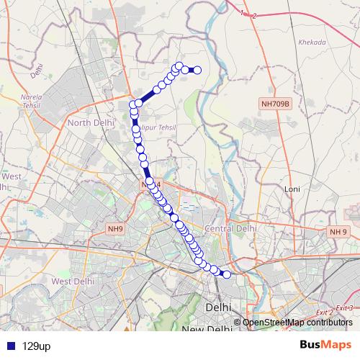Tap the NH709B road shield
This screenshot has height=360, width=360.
275,104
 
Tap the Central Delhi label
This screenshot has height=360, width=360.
230,228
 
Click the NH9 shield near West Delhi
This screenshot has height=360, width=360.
115,229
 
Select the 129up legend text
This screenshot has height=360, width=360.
36,346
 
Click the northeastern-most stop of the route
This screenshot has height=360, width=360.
197,70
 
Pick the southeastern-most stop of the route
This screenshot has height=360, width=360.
227,274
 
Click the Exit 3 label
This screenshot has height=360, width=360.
348,307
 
